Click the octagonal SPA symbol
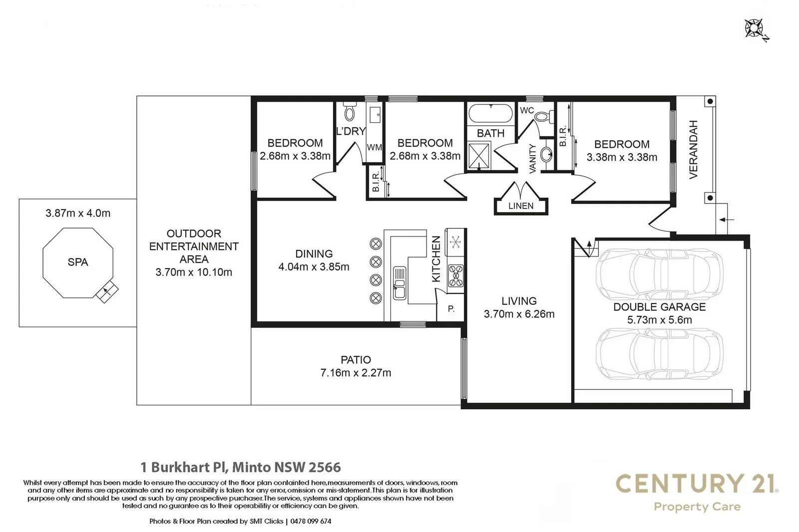coord(77,263)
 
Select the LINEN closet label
coord(521,206)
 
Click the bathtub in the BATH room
coord(490,113)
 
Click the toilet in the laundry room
coord(350,112)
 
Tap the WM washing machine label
coord(374,148)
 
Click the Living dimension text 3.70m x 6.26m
coord(519,314)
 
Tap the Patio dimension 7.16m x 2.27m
coord(356,373)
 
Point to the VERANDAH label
coord(693,149)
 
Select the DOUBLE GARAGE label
coord(659,307)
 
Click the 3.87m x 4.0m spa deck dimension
coord(78,213)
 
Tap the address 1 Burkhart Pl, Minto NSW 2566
coord(241,468)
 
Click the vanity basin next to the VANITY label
coord(548,154)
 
